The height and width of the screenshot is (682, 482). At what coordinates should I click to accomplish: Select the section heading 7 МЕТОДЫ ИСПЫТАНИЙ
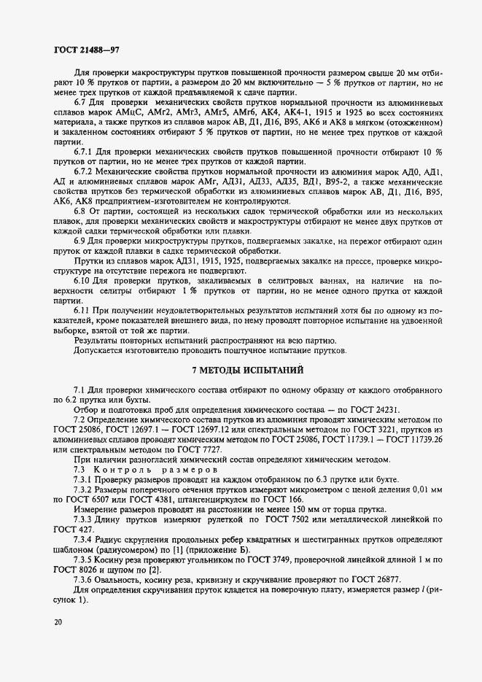tap(247, 371)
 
